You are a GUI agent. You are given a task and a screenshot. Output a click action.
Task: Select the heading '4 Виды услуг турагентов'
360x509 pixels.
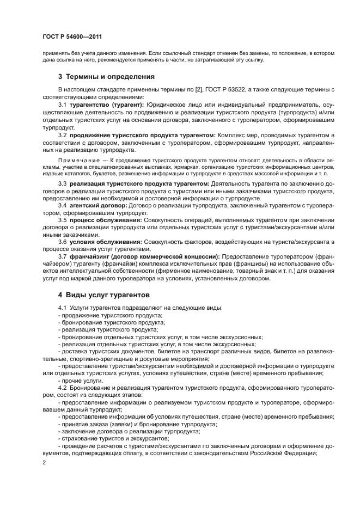[103, 295]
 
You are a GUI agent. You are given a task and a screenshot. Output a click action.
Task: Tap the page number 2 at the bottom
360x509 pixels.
[44, 462]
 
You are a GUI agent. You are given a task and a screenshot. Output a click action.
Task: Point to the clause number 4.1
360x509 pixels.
[62, 308]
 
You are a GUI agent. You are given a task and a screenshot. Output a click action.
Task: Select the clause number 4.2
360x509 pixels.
[62, 389]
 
